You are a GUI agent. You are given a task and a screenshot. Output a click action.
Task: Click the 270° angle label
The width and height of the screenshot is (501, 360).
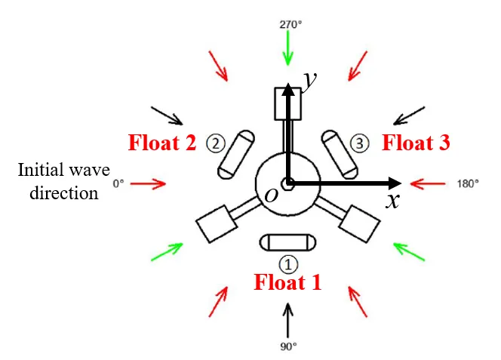[x=290, y=24]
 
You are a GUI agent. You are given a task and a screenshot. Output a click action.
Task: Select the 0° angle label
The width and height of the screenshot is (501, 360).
[x=117, y=183]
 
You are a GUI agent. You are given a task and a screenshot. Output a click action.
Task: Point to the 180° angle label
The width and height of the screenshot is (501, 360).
[x=467, y=183]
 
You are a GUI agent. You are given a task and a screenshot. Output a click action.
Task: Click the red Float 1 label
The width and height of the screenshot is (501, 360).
[x=287, y=282]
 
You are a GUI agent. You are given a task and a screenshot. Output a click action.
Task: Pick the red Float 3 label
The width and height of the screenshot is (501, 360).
[x=416, y=141]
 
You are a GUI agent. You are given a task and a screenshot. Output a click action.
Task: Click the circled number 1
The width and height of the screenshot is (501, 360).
[x=289, y=263]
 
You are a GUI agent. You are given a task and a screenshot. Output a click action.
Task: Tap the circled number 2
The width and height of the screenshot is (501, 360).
[x=216, y=142]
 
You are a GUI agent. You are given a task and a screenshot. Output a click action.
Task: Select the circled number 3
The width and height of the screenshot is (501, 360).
[x=360, y=142]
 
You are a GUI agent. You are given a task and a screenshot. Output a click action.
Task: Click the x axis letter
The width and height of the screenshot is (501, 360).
[x=392, y=201]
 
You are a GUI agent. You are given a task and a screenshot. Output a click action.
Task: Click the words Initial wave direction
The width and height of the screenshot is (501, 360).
[x=58, y=180]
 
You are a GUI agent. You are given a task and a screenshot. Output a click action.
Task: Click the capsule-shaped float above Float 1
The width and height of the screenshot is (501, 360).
[x=289, y=242]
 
